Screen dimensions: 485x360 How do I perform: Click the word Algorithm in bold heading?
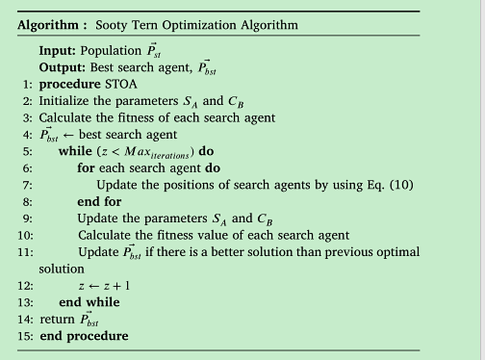[48, 25]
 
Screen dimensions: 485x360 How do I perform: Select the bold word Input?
[58, 51]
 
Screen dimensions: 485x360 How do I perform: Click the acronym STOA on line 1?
[121, 85]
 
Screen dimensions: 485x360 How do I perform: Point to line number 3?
[28, 118]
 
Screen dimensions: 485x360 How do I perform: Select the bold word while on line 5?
[75, 151]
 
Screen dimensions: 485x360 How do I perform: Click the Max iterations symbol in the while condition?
[157, 152]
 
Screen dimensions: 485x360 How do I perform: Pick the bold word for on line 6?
[86, 168]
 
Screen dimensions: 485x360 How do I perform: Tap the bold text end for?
[99, 202]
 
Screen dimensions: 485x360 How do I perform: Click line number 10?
[25, 236]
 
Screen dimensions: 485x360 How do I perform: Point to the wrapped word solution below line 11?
[62, 269]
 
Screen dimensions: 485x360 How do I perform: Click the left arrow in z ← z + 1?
[93, 286]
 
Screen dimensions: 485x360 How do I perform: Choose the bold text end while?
[89, 302]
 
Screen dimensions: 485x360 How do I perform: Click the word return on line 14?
[57, 320]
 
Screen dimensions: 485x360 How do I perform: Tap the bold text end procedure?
[84, 336]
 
